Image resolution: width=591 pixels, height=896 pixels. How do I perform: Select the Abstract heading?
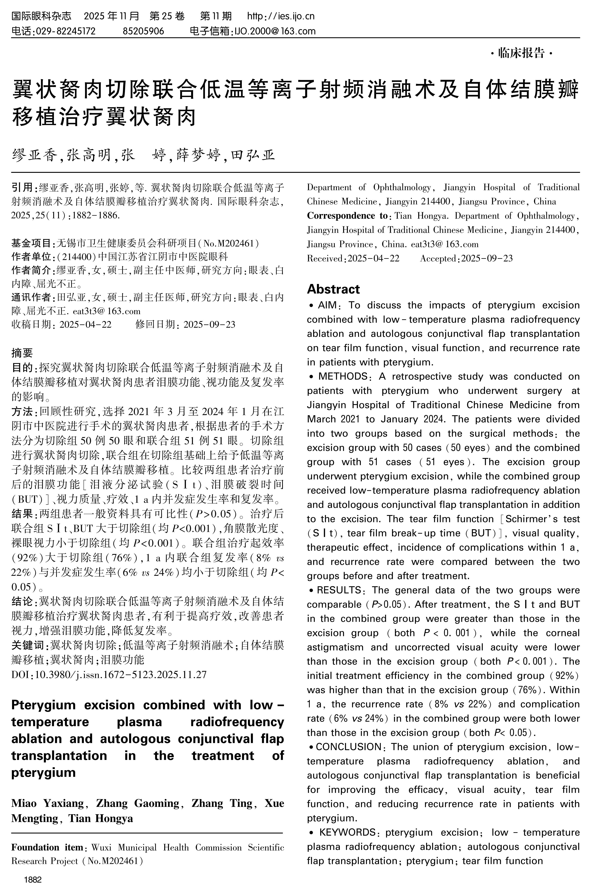pos(333,289)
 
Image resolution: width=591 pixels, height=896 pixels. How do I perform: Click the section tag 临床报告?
pos(521,53)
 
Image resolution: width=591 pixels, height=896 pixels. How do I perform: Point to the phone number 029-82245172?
pos(65,31)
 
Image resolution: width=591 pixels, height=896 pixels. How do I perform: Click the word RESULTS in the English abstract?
pos(339,590)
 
